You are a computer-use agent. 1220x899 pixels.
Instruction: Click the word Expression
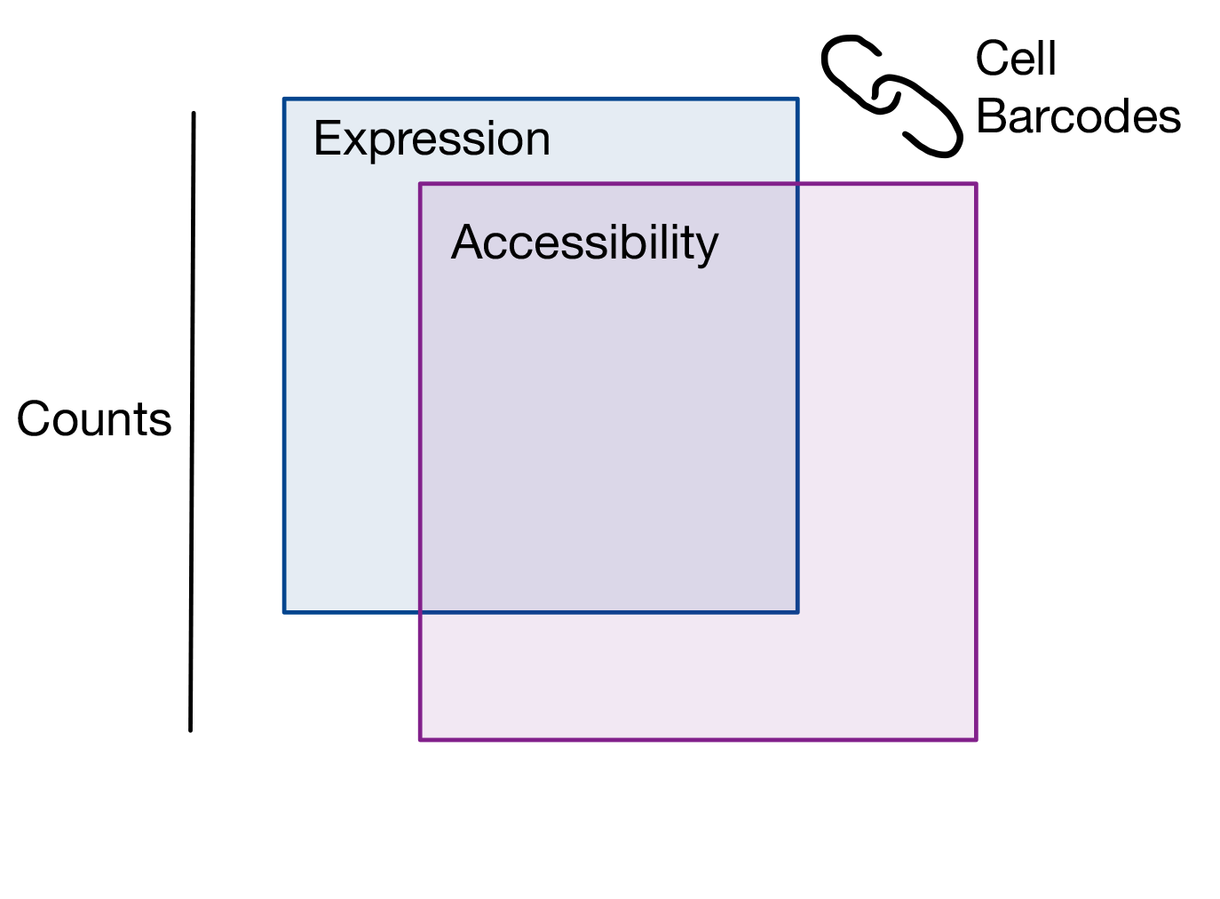(432, 139)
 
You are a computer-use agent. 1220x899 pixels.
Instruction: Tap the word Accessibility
(584, 243)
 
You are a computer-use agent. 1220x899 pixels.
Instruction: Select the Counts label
(94, 419)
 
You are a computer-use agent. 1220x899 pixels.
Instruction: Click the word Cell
(1015, 60)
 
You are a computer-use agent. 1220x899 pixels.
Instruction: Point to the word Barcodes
(1078, 116)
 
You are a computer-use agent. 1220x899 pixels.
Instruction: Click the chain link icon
(891, 95)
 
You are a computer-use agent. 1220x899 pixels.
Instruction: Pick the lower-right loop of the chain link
(928, 118)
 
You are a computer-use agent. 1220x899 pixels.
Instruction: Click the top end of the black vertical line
(194, 114)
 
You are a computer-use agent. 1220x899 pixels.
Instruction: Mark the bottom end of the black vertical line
(191, 730)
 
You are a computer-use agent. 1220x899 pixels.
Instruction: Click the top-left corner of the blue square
(284, 99)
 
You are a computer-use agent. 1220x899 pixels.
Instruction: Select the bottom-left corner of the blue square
(284, 612)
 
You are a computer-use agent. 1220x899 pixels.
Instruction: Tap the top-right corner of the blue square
(797, 99)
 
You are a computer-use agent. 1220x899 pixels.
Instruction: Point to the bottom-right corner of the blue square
(797, 612)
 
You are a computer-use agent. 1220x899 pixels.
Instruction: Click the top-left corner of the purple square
(420, 184)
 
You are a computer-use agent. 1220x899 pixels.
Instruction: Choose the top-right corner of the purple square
(977, 184)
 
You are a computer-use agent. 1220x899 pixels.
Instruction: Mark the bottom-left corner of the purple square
(420, 739)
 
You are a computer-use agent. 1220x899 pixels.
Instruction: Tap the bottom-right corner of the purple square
(977, 739)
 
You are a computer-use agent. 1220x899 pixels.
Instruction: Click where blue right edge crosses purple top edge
(797, 184)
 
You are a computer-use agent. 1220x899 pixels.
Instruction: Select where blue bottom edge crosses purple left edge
(420, 612)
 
